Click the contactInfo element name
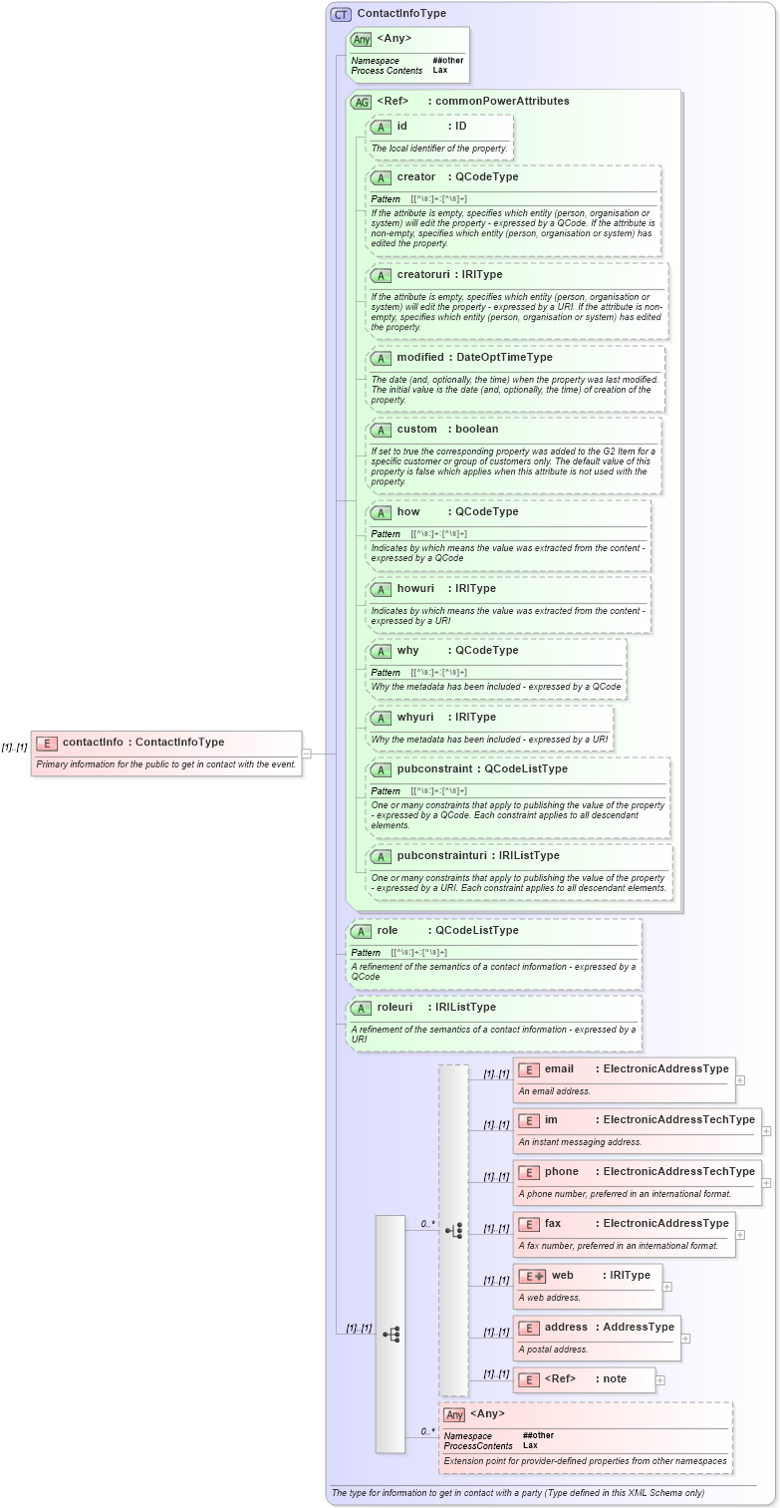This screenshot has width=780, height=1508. (x=93, y=742)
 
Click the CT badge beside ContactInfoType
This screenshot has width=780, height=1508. (x=341, y=14)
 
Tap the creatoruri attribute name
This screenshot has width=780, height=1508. (x=420, y=274)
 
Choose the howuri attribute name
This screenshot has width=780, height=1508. (x=415, y=588)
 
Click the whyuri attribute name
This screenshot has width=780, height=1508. (x=415, y=717)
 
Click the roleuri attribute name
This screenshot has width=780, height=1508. (x=394, y=1007)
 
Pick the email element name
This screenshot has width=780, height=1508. (x=559, y=1068)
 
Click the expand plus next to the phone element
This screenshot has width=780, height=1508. (x=766, y=1183)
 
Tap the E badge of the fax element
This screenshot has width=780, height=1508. (x=529, y=1224)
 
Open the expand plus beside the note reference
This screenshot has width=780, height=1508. (x=660, y=1380)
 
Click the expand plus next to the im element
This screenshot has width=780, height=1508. (x=766, y=1131)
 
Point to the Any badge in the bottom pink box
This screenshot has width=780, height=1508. (x=454, y=1414)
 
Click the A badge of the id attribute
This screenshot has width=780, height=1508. (x=380, y=127)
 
